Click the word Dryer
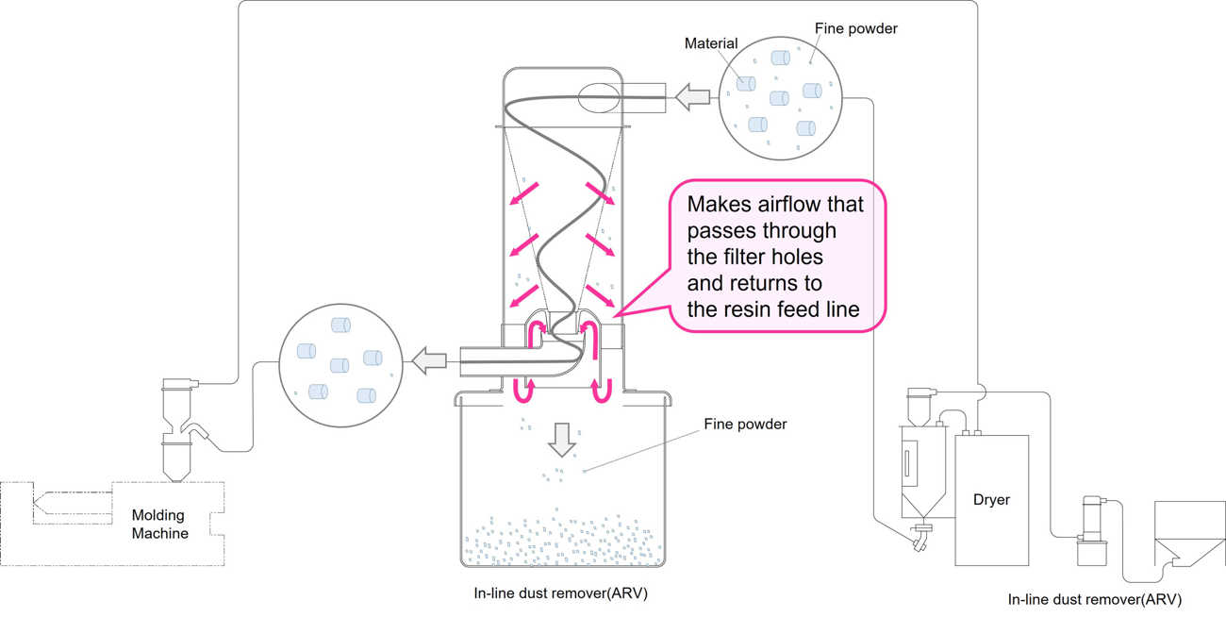[x=991, y=499]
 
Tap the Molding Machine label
[x=160, y=525]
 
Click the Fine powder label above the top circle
[x=855, y=29]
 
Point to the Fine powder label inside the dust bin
[x=744, y=425]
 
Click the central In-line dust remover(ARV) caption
[x=560, y=594]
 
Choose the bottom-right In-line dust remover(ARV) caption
[x=1094, y=599]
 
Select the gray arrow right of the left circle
[x=430, y=359]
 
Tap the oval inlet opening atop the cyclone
[x=598, y=95]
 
